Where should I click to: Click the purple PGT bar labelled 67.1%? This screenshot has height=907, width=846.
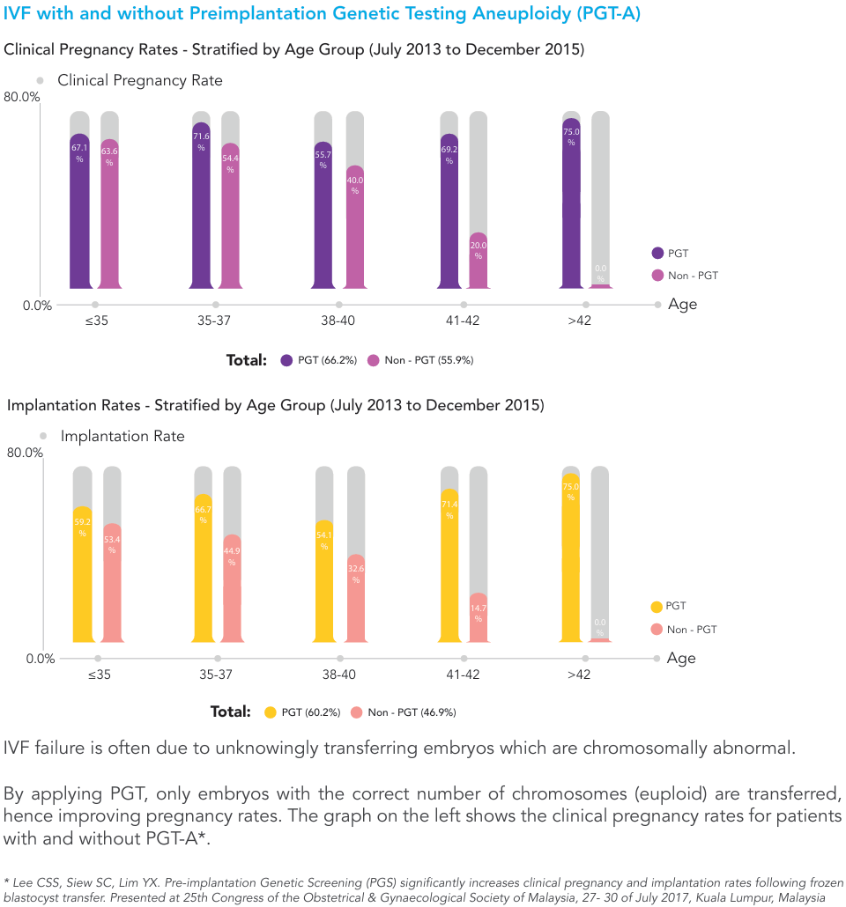[x=79, y=211]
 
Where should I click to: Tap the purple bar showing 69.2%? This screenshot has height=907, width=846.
[x=449, y=211]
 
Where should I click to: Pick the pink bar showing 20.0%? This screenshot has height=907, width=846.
[x=479, y=261]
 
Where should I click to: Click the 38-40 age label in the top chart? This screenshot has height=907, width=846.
[x=338, y=321]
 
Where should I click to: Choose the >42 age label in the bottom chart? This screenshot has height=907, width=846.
[x=579, y=675]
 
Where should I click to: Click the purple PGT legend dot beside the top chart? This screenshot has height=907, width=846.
[x=657, y=254]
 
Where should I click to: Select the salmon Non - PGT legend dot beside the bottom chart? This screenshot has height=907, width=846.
[x=656, y=629]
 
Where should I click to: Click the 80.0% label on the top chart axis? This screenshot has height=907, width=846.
[x=22, y=97]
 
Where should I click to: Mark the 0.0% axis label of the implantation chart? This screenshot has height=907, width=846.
[x=40, y=659]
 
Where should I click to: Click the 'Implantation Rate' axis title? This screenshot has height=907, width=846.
[x=122, y=436]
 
